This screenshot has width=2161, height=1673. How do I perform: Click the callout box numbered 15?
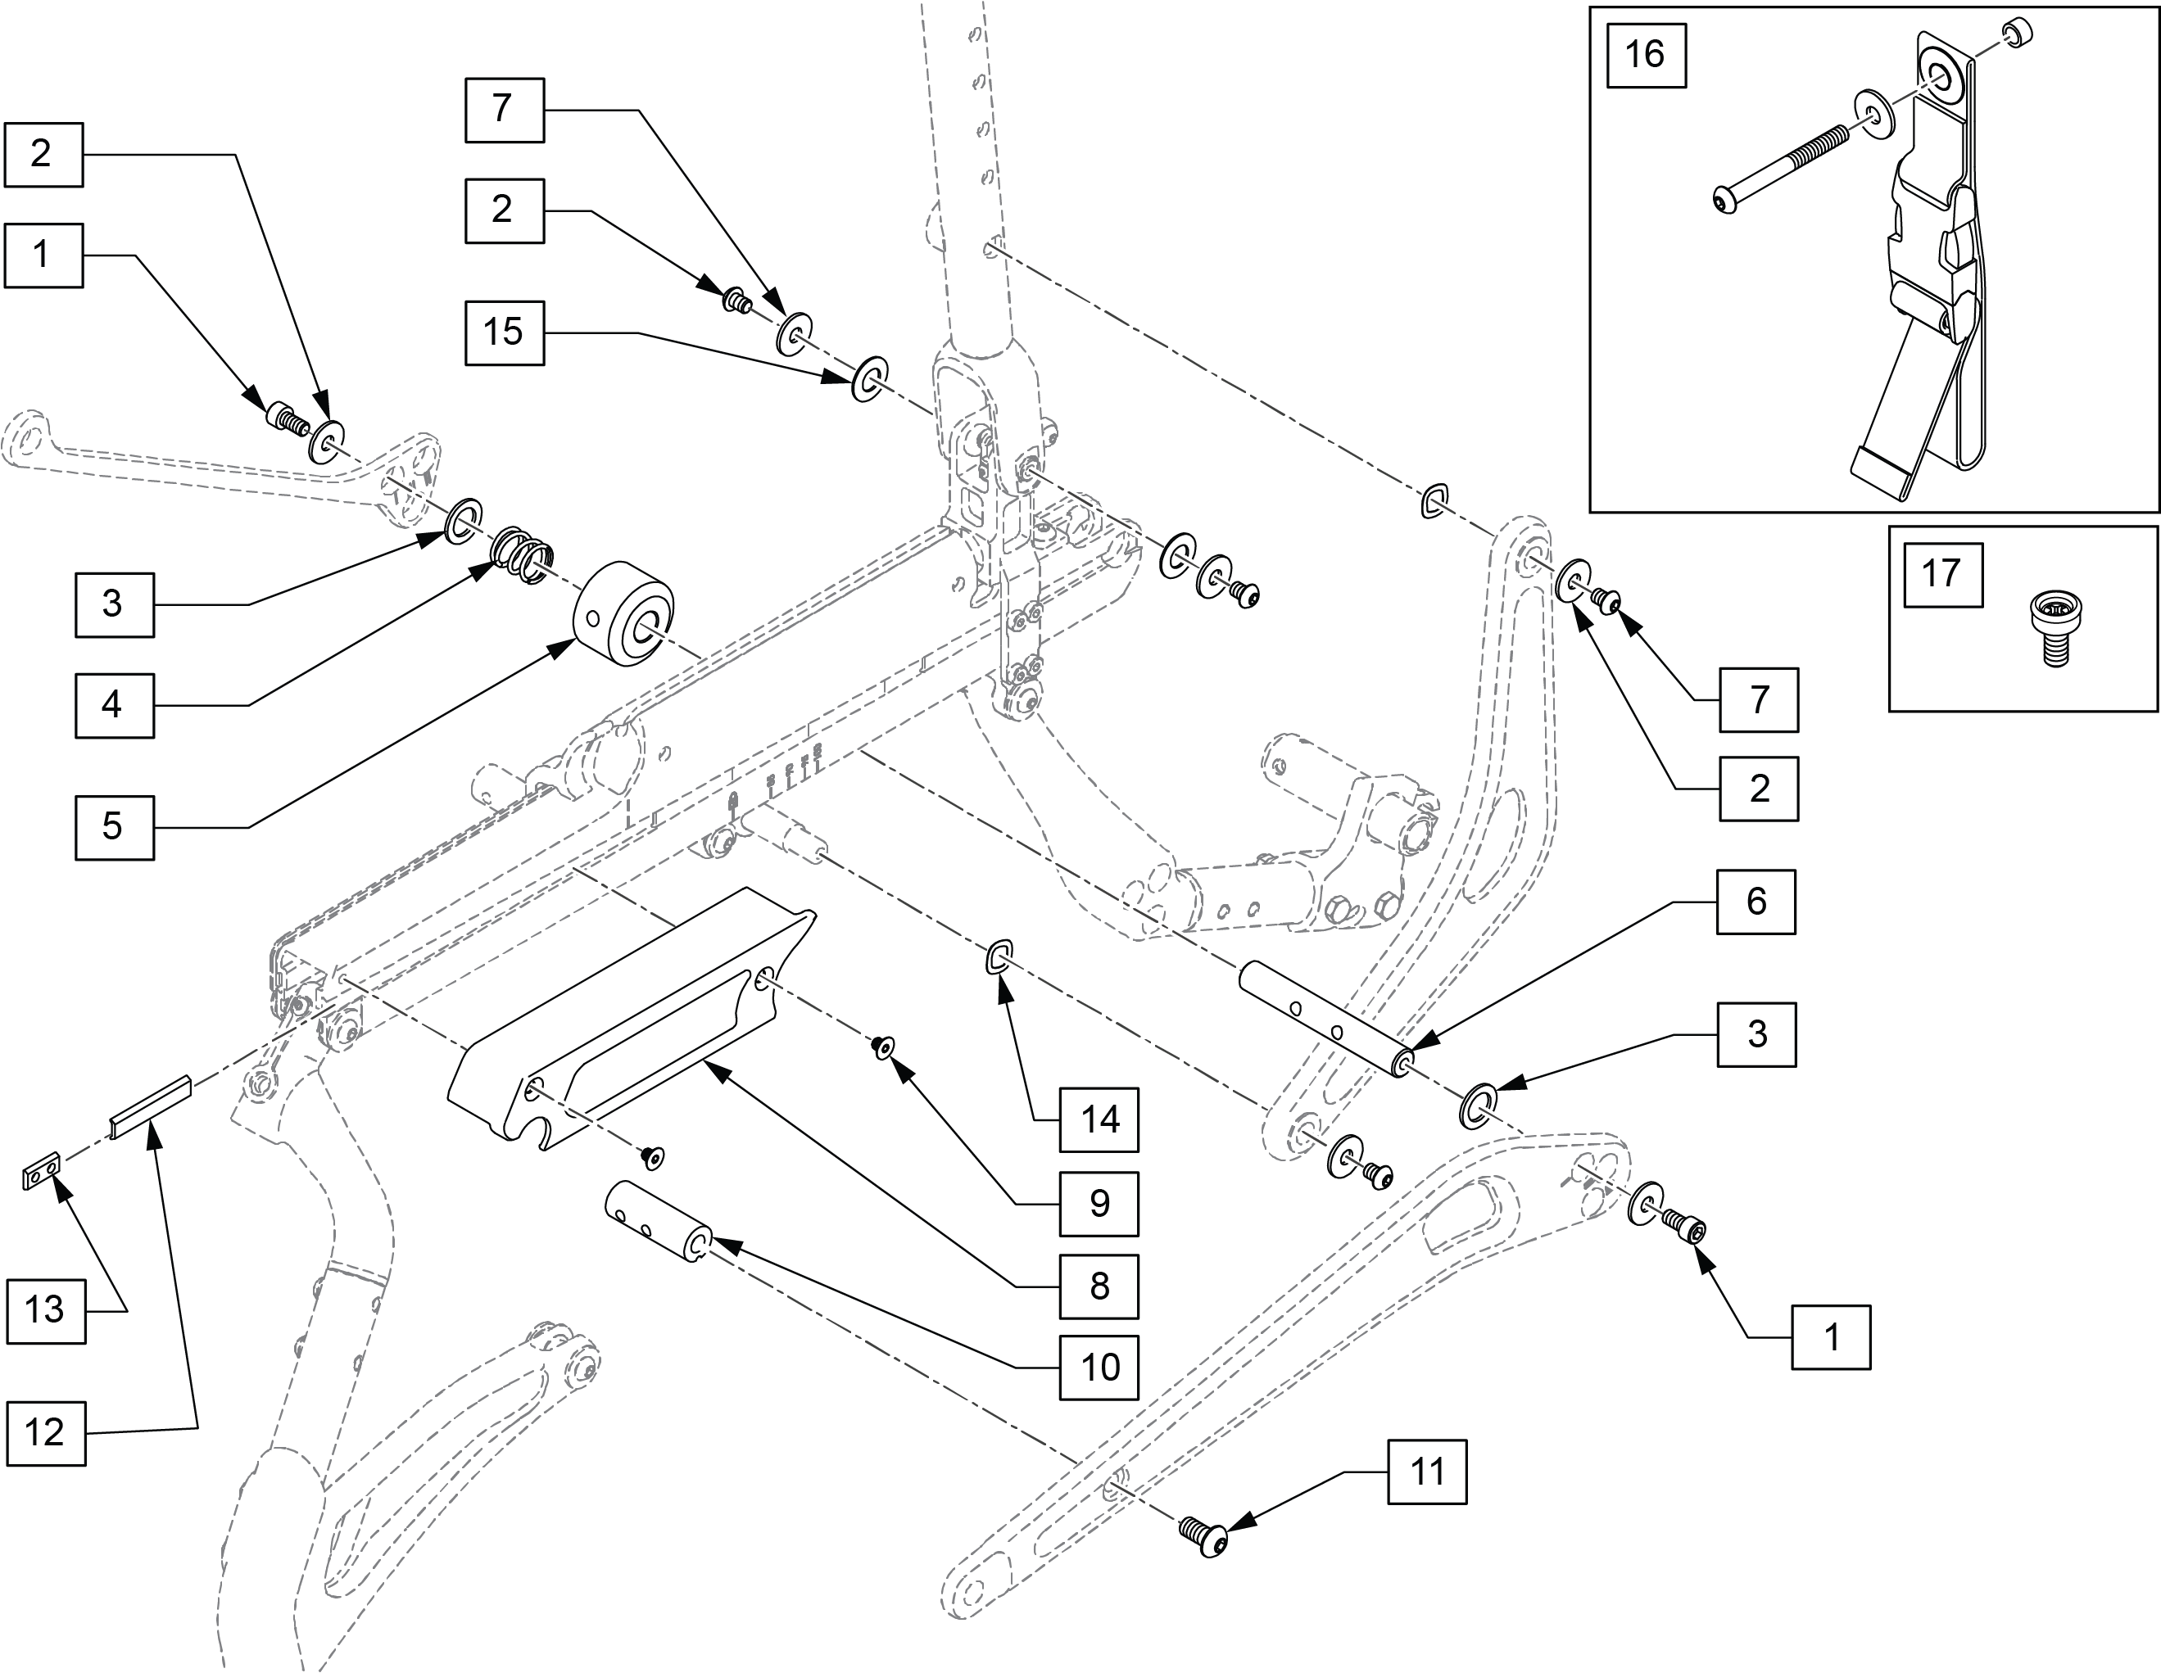point(505,333)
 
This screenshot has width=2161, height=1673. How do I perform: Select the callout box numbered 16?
point(1646,56)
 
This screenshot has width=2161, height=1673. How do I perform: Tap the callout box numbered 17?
point(1943,575)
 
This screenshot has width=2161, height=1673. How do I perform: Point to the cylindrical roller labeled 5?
point(623,613)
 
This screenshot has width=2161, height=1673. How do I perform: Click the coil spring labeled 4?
point(523,557)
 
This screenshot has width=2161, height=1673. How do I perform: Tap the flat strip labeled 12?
point(151,1107)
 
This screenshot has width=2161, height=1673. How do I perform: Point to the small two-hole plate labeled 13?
point(42,1173)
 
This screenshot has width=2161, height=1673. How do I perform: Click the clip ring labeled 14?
point(999,956)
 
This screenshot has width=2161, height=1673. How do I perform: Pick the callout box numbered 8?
point(1099,1286)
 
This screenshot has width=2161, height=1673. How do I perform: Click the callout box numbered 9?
point(1099,1204)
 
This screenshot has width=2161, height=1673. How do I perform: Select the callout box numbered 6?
point(1756,902)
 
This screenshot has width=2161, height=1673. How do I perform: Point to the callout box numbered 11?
point(1427,1472)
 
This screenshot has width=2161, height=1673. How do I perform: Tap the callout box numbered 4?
point(115,705)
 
